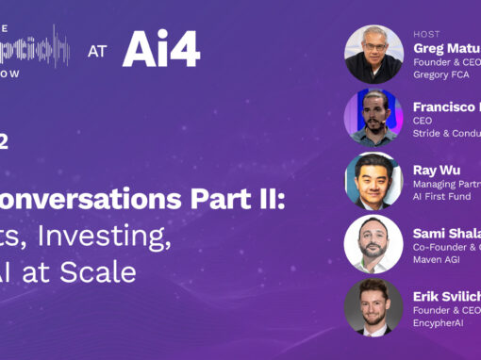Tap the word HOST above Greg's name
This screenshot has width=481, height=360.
[x=426, y=34]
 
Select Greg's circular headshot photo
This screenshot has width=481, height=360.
[x=373, y=54]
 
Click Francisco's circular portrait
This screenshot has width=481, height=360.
[x=373, y=117]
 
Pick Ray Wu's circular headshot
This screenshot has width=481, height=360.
[x=373, y=180]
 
